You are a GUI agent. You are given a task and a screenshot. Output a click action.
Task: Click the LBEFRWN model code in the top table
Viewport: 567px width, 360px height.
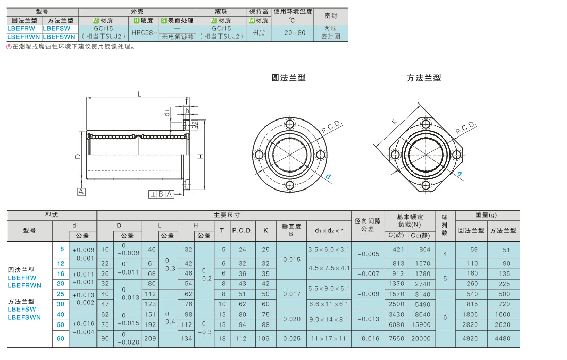(24, 37)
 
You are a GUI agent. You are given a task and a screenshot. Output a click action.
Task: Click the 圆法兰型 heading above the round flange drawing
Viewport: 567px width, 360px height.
(289, 78)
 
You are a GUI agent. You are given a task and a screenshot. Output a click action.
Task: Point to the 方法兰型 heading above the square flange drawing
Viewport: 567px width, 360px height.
(424, 78)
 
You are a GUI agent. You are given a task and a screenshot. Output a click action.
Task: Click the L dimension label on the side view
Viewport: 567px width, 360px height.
(139, 94)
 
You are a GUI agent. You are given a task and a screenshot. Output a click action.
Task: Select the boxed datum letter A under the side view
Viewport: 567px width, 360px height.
(81, 192)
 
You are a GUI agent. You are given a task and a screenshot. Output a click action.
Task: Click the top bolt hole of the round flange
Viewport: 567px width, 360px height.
(290, 124)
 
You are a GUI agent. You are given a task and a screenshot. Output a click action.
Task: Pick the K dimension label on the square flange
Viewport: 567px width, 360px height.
(395, 122)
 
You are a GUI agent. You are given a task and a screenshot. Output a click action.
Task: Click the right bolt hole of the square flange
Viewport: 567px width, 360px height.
(456, 155)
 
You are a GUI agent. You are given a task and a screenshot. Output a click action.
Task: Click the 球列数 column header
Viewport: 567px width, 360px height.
(445, 225)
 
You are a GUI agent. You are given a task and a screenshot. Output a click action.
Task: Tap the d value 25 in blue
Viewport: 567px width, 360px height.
(61, 294)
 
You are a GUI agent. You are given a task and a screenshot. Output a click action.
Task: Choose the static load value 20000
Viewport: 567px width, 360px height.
(421, 339)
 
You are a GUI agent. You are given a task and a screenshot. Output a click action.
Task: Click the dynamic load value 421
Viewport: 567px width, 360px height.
(398, 249)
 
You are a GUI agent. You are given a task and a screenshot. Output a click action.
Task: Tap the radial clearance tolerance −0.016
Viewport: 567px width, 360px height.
(368, 339)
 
